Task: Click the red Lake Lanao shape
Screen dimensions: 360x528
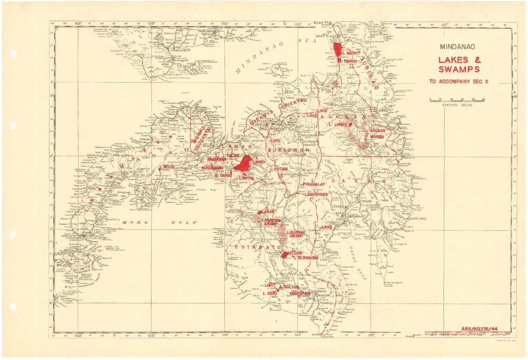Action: point(244,163)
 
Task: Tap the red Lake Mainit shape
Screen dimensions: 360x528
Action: point(337,49)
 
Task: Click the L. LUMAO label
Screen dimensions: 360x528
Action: point(337,125)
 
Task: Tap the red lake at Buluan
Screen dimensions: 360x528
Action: point(285,254)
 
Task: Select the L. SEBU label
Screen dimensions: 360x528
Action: point(270,292)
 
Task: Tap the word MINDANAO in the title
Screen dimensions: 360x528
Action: point(458,46)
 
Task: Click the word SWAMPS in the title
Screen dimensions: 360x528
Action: point(459,69)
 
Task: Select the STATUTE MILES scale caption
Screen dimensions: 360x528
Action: point(457,106)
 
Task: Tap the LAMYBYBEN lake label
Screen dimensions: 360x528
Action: point(316,195)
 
